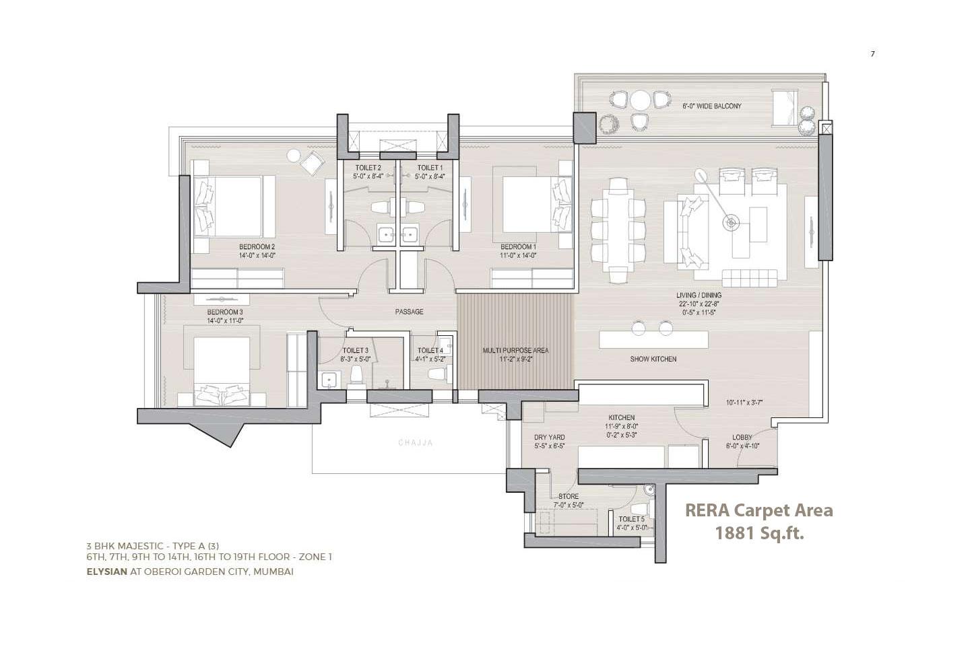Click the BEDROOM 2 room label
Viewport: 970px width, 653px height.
(x=257, y=246)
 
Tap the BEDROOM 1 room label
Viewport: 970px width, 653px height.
(x=518, y=246)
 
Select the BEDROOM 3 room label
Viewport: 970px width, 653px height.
(x=224, y=312)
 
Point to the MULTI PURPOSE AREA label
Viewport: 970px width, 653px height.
(x=515, y=351)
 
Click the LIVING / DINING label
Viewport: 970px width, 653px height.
(x=699, y=296)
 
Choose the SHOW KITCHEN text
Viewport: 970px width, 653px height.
(x=653, y=359)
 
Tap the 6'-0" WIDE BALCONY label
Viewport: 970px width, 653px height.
(x=711, y=106)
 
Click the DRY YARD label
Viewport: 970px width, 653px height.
(x=549, y=438)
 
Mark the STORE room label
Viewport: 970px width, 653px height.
(x=568, y=497)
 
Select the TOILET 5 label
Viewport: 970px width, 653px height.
(x=631, y=519)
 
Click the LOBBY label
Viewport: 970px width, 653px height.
(x=742, y=438)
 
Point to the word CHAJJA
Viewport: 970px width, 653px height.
(x=415, y=443)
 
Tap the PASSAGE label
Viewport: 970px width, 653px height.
(x=409, y=312)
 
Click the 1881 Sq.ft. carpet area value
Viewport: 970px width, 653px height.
(x=759, y=534)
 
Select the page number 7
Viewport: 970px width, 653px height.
(x=872, y=55)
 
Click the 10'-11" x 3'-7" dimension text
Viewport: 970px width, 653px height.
(x=744, y=403)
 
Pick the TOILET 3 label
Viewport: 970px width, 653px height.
(x=355, y=351)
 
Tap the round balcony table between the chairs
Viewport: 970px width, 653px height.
(x=641, y=100)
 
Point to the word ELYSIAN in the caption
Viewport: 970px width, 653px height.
(x=106, y=572)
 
